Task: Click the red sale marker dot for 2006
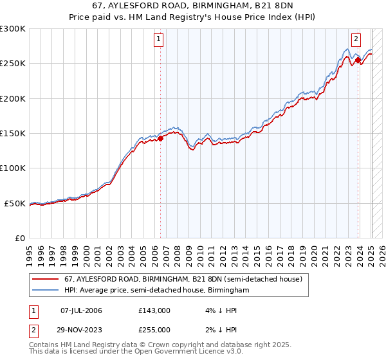point(160,138)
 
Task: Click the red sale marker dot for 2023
point(358,60)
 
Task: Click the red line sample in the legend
point(47,279)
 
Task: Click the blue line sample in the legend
point(47,291)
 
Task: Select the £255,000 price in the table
point(154,329)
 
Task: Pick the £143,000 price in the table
point(154,310)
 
